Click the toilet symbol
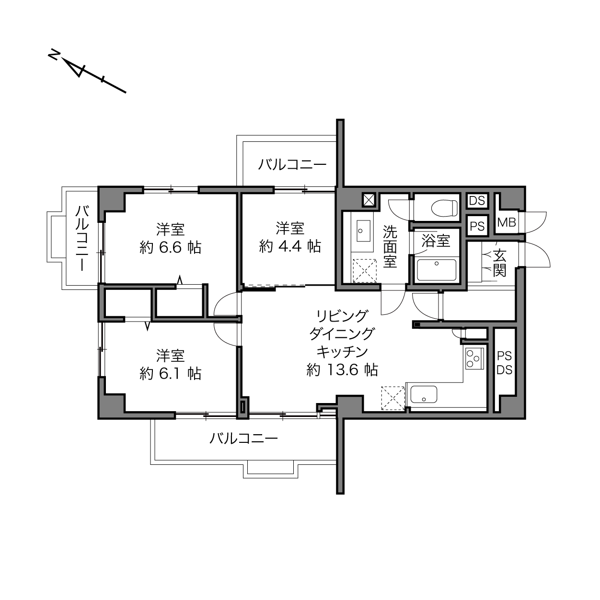coord(444,207)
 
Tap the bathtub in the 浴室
coord(437,270)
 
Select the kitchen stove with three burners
coord(474,358)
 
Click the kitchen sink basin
coord(424,394)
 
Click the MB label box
coord(507,222)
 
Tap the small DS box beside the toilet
coord(477,201)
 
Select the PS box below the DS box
coord(477,226)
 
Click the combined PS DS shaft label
coord(505,363)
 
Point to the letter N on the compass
coord(54,55)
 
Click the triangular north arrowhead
coord(74,68)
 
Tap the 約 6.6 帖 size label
coord(170,248)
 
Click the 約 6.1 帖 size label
coord(170,373)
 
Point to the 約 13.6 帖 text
coord(342,370)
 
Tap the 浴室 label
coord(436,241)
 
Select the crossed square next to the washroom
coord(369,200)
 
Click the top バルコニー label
coord(292,164)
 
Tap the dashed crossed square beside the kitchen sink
coord(393,397)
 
